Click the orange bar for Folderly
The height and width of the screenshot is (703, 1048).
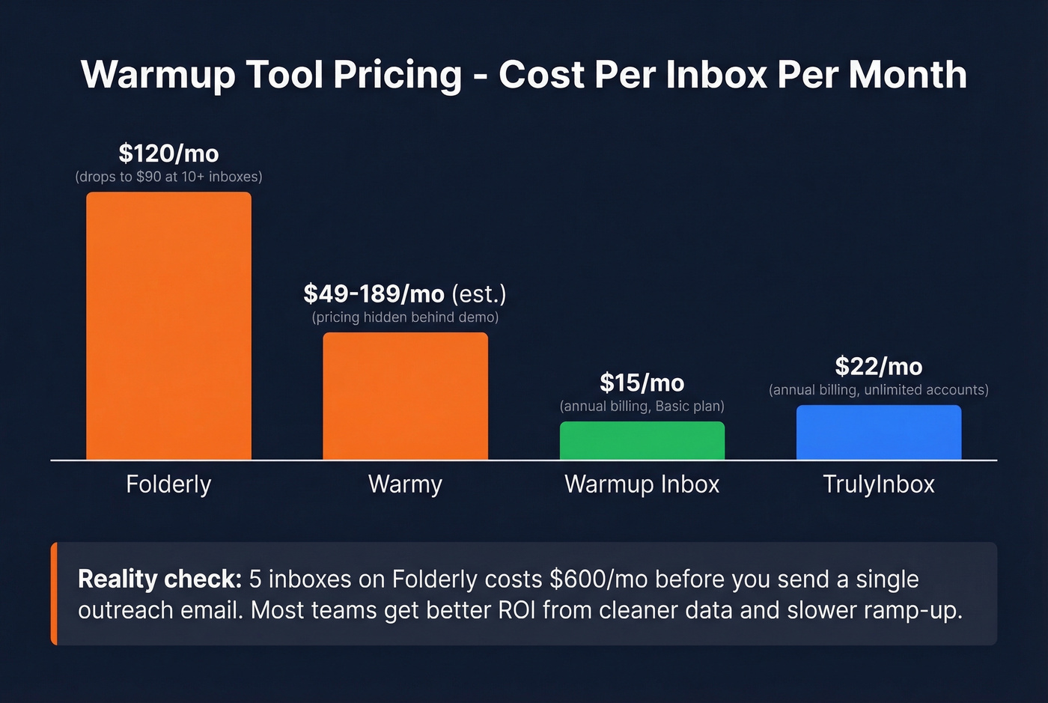tap(168, 326)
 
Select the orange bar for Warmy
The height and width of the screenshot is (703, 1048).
tap(405, 396)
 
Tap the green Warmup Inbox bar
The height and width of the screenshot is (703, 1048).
tap(642, 440)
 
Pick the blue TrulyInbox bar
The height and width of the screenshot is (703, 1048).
tap(878, 432)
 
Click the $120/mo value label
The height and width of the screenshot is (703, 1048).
tap(168, 153)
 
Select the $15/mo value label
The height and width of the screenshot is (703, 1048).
tap(642, 383)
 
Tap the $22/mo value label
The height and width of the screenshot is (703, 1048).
tap(878, 366)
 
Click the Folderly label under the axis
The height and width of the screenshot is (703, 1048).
tap(168, 484)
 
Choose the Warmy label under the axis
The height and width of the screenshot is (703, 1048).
tap(405, 484)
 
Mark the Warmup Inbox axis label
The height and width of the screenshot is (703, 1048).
tap(642, 484)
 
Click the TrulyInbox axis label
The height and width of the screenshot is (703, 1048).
tap(878, 484)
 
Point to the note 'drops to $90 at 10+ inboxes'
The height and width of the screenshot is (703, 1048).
tap(168, 177)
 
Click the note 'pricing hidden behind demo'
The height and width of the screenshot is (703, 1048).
tap(405, 317)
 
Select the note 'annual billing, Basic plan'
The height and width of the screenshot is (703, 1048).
tap(642, 407)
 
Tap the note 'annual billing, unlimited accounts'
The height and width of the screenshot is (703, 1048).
tap(878, 390)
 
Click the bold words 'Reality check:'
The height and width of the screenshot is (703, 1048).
tap(159, 579)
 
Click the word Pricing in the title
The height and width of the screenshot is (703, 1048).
tap(397, 75)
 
